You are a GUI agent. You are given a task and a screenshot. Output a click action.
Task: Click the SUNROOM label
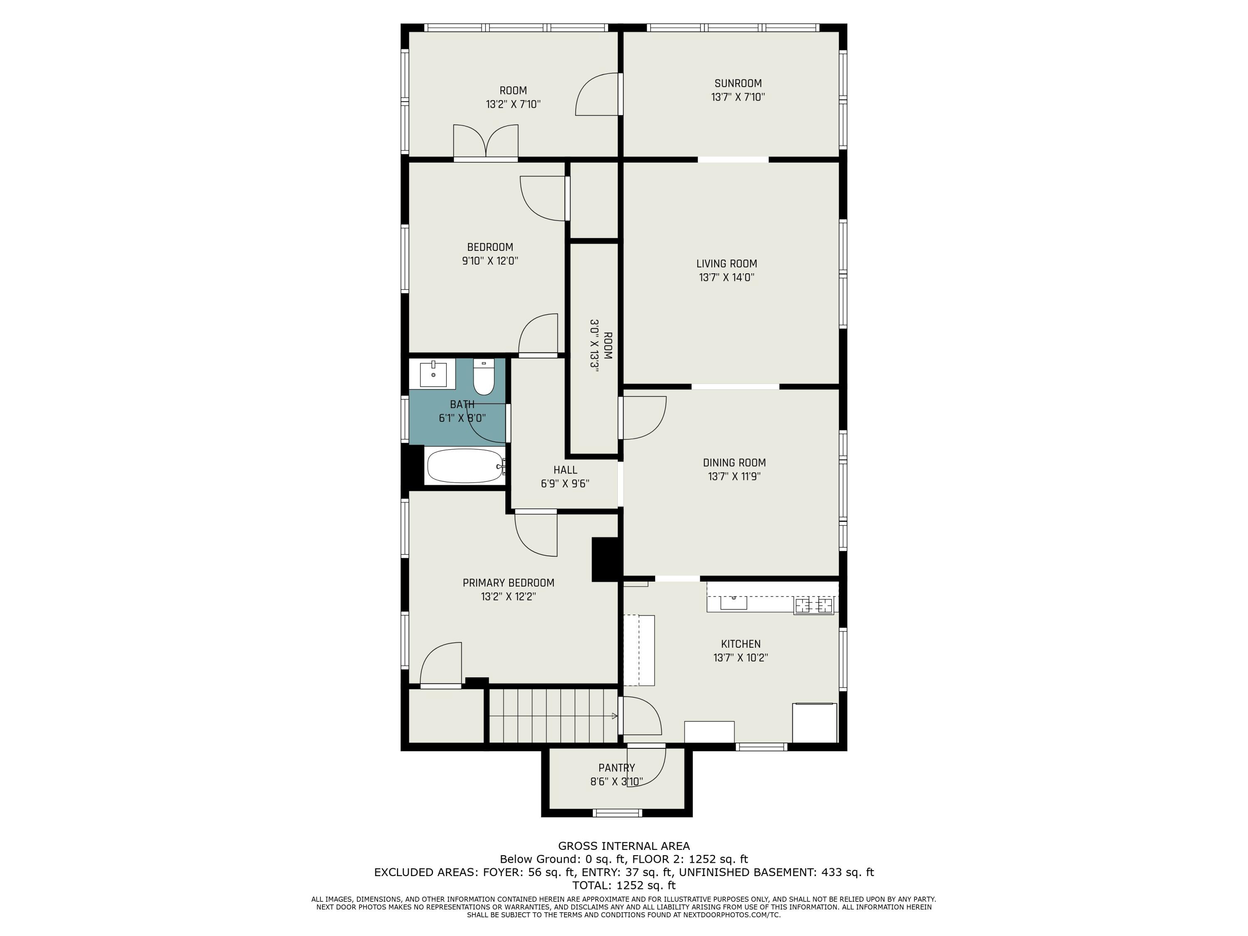pos(738,84)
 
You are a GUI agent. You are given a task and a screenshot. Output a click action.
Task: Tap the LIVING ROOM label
pos(727,263)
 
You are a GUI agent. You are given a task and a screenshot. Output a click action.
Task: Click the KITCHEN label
pos(741,644)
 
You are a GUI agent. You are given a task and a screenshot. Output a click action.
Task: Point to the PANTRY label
pos(617,768)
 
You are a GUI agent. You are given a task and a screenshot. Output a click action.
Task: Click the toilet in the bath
pos(483,377)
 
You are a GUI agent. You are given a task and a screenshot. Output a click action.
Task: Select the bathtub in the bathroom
pos(466,466)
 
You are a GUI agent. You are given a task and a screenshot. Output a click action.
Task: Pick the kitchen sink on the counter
pos(733,602)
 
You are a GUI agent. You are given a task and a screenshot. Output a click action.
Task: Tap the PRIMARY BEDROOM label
pos(508,583)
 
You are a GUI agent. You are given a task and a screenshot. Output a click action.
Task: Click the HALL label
pos(565,470)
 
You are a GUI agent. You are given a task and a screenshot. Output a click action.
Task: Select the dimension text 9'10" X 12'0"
pos(490,261)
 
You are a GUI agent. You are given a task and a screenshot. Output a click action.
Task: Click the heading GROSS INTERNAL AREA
pos(624,846)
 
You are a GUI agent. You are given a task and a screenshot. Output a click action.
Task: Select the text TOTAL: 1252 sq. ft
pos(624,885)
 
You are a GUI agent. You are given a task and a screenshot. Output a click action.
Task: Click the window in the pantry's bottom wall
pos(617,813)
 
